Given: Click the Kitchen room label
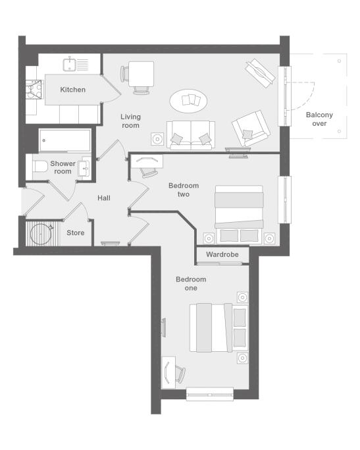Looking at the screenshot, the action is coord(73,90).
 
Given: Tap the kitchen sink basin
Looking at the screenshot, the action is coord(69,65).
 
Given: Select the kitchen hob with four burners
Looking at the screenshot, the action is coord(34,89).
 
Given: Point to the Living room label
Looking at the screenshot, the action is coord(130,121).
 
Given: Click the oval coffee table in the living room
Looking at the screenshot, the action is coord(188,101).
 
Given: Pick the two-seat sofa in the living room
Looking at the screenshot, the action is coord(191,135).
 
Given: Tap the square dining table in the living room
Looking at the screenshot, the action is coord(141,74).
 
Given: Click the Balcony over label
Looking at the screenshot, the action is coord(319,119).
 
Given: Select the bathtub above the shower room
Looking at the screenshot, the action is coord(64,140).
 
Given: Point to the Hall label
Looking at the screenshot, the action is coord(104,198).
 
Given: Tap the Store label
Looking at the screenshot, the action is coord(76,233).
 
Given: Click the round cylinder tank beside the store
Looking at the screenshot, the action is coord(41,234).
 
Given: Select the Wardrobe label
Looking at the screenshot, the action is coord(222,254).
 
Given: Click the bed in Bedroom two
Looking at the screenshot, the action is coord(239,215).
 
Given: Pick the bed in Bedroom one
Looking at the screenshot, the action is coord(218,327).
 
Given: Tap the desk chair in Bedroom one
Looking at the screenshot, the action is coord(180,374).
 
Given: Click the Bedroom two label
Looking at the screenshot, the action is coord(184,190).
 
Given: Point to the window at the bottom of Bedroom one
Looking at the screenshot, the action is coord(210,394).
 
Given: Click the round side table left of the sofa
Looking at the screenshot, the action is coord(157,139).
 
